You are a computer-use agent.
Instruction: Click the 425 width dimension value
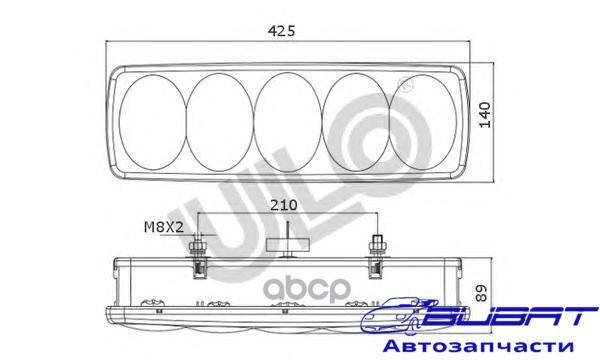point(282,31)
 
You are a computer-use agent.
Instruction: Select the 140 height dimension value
point(485,115)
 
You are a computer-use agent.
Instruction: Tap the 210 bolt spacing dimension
point(284,205)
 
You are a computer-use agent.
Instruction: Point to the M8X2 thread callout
point(164,227)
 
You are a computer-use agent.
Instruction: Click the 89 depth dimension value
point(481,293)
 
